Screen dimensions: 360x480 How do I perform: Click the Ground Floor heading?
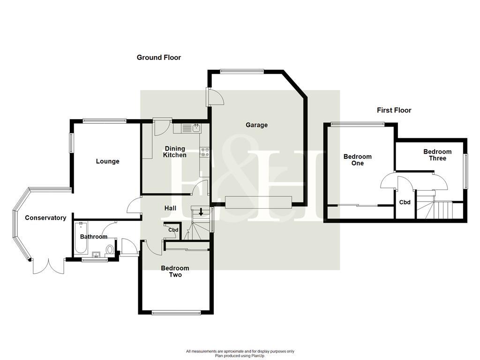coord(158,58)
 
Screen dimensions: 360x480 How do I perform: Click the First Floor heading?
coord(394,110)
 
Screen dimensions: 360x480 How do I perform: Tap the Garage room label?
coord(256,125)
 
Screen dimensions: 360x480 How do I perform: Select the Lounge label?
coord(107,161)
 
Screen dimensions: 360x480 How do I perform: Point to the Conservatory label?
coord(45,218)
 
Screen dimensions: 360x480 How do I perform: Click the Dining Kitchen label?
coord(175,152)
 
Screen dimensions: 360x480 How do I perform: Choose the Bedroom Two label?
coord(175,271)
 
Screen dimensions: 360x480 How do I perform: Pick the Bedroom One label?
coord(357,160)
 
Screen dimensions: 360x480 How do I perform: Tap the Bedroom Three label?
coord(437,155)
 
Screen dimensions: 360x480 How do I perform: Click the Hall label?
coord(170,208)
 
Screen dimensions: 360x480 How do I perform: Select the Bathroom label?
coord(93,237)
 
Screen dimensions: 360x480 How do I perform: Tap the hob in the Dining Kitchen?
coord(204,152)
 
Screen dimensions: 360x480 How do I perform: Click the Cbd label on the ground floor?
coord(173,230)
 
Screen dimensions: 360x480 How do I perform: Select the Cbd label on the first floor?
coord(405,202)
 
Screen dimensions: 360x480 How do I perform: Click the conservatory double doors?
coord(48,266)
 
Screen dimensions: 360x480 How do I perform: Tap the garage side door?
coord(216,97)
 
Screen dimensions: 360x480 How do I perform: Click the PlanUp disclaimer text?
coord(240,353)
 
